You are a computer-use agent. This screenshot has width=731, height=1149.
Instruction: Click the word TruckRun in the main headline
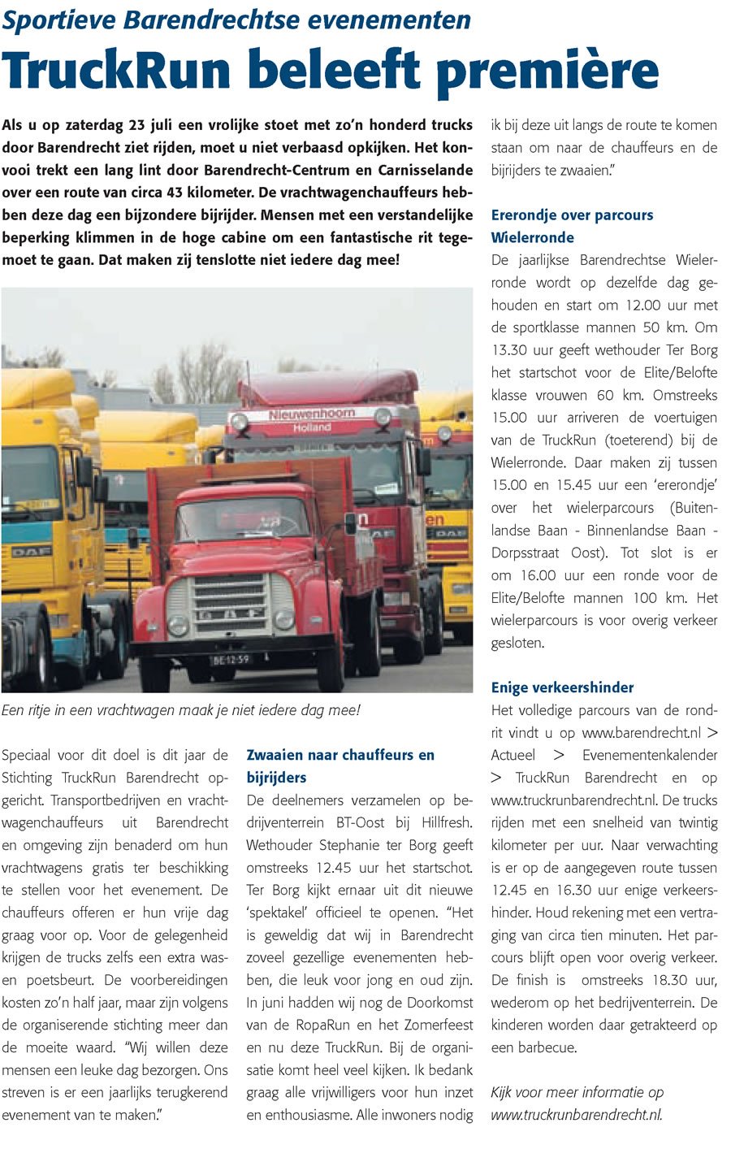pos(118,70)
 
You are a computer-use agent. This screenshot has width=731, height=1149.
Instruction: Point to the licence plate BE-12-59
pos(231,660)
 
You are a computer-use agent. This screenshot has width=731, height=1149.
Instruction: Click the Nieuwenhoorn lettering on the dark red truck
pos(312,414)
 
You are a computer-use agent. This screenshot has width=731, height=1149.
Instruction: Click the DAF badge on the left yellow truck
pos(31,552)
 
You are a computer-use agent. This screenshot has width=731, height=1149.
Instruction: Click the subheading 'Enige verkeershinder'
pos(562,687)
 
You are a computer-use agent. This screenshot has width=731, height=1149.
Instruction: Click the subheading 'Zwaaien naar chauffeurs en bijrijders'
pos(340,765)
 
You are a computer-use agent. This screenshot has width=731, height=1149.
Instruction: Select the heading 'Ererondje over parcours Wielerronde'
pos(572,226)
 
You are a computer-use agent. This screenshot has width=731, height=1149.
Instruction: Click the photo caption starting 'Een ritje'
pos(180,710)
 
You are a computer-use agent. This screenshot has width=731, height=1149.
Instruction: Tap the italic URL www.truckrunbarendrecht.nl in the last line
pos(576,1115)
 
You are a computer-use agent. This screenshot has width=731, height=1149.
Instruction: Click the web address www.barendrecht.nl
pos(641,733)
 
